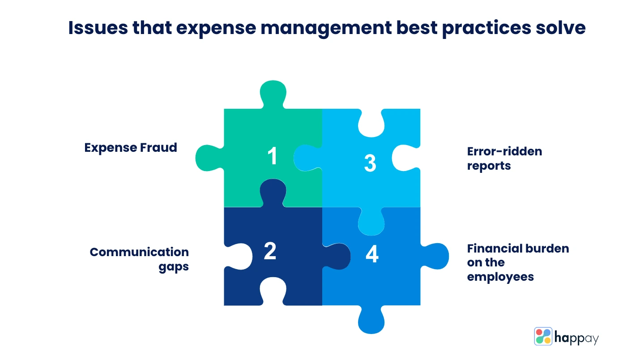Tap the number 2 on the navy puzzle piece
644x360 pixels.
coord(270,251)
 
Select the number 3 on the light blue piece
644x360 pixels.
coord(370,163)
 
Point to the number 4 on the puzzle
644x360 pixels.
coord(372,253)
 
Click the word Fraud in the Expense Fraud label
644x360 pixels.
coord(158,148)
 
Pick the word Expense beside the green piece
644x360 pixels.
coord(111,148)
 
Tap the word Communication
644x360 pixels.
coord(140,252)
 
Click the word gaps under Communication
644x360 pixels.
coord(174,267)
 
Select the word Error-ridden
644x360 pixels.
coord(504,151)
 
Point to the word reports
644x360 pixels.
coord(489,166)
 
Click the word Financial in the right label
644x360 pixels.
coord(491,249)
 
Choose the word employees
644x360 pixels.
coord(500,277)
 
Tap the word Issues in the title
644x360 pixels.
coord(98,28)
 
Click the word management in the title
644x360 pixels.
coord(326,29)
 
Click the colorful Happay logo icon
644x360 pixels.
coord(543,336)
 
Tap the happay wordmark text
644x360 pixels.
coord(576,338)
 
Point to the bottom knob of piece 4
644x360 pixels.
coord(371,320)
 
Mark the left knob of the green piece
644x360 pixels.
coord(209,158)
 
